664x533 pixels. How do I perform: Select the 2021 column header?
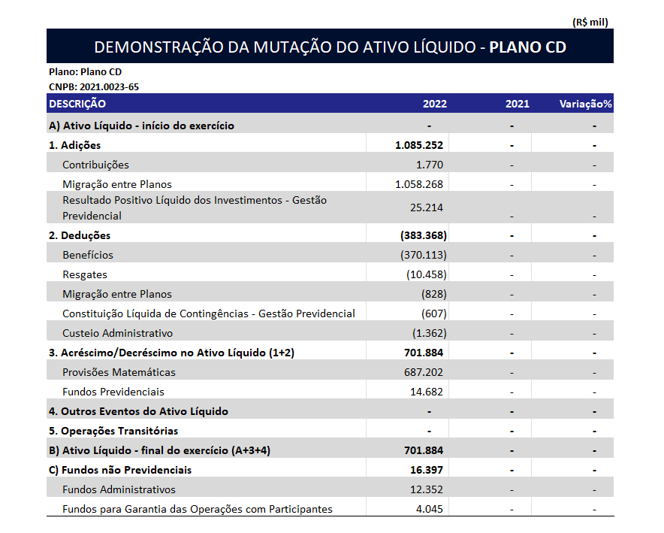(517, 104)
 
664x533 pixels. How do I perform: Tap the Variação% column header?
(585, 104)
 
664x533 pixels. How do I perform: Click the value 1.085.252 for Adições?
(418, 145)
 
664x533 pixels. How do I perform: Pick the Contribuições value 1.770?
(429, 165)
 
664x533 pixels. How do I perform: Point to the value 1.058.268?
(418, 184)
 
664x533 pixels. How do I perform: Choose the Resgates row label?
(85, 274)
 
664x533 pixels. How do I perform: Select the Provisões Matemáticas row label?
(119, 372)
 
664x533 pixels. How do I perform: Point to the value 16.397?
(425, 470)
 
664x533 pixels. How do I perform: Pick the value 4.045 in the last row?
(429, 509)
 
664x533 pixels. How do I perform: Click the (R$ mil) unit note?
(590, 22)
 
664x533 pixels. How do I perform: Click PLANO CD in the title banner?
(527, 47)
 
